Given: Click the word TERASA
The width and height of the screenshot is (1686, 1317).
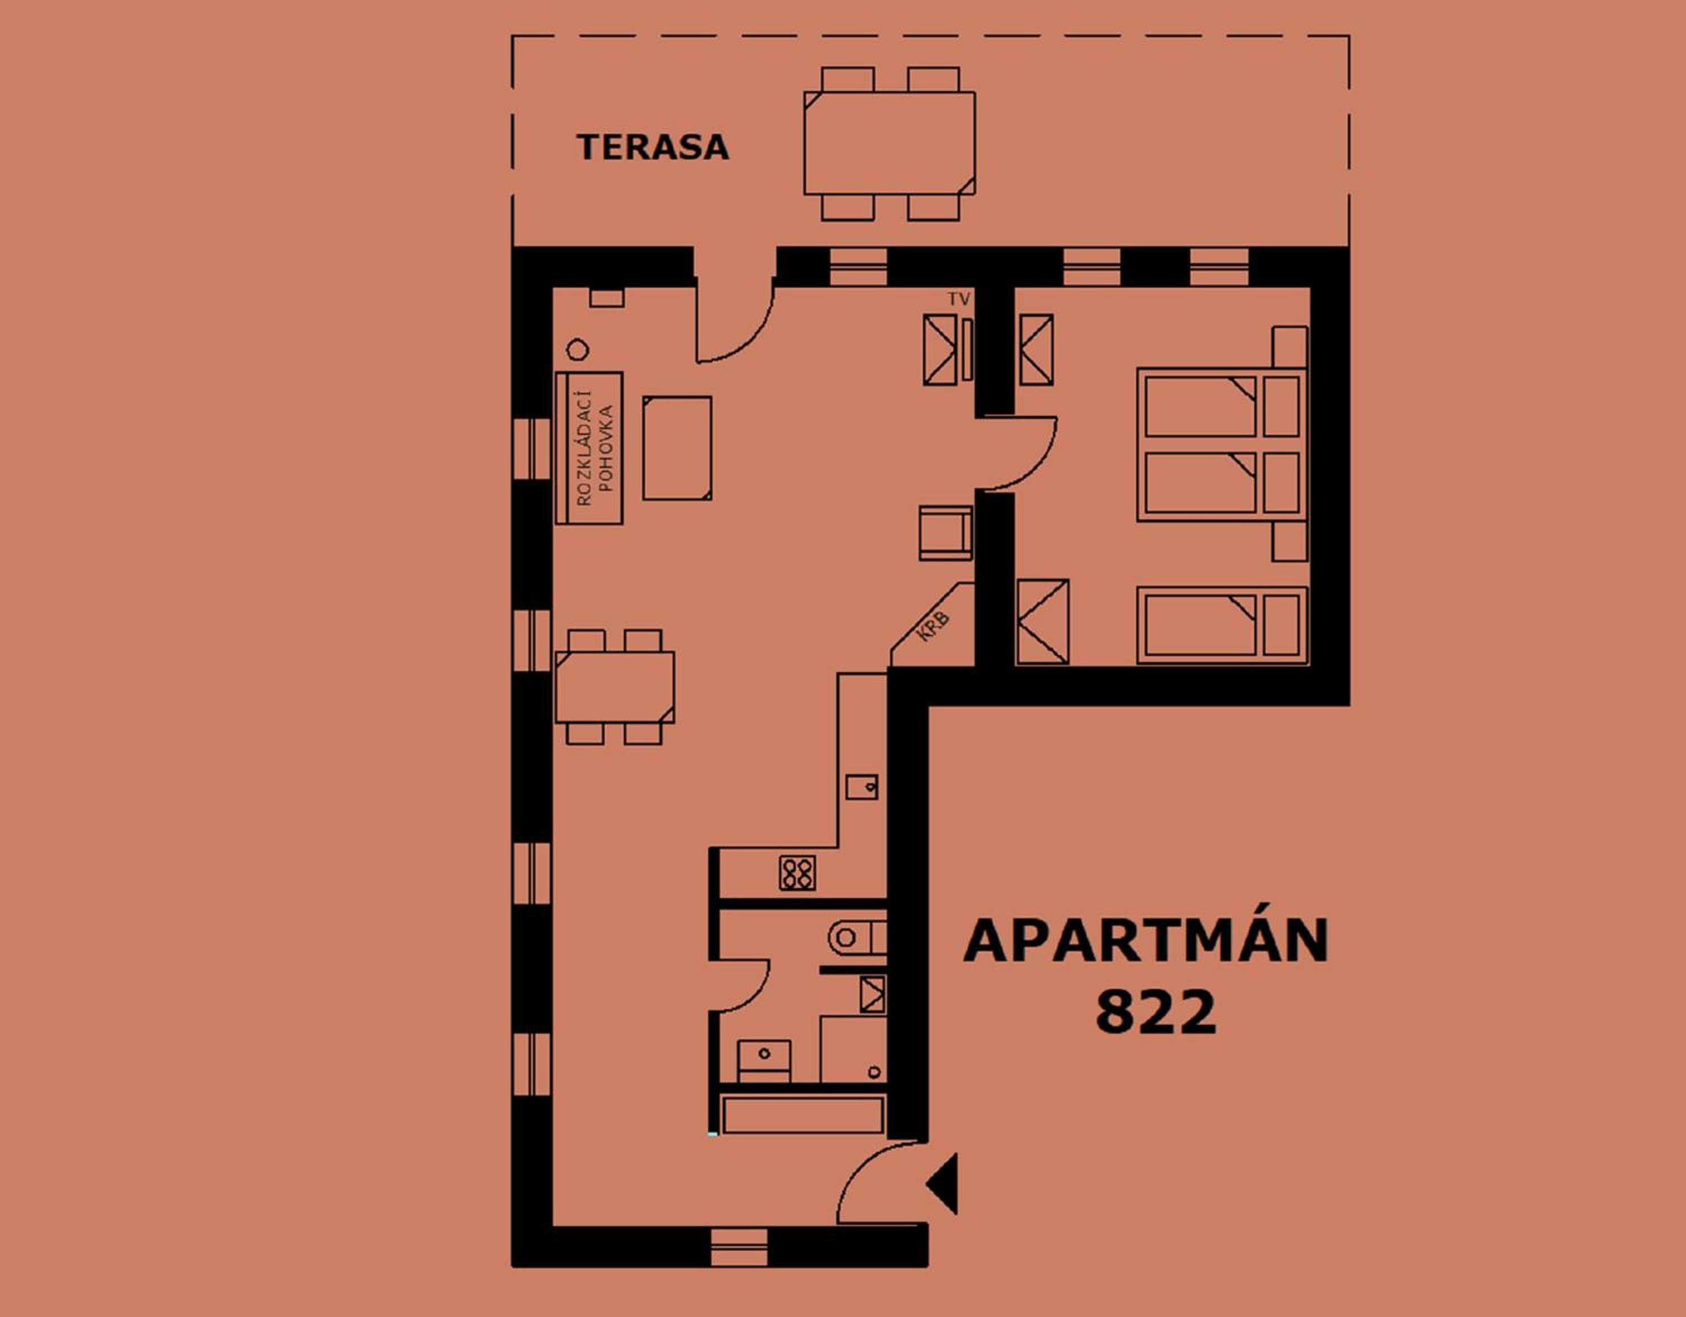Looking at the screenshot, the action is [x=653, y=147].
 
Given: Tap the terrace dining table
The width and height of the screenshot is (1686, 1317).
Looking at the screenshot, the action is [x=889, y=144].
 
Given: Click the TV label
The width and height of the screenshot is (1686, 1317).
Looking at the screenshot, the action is [x=959, y=299].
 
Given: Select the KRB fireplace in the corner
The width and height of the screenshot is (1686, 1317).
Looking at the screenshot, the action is [x=932, y=625].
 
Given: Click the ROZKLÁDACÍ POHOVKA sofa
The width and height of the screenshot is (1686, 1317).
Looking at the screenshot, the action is [x=589, y=448].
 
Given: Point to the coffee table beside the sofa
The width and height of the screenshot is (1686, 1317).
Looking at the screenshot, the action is [x=677, y=448].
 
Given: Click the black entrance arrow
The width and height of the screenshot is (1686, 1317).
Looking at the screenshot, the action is [x=942, y=1183].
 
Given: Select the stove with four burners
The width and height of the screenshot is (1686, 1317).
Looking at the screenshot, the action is [x=797, y=873].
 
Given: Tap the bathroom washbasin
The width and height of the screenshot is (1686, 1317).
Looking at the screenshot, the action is [x=764, y=1061].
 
